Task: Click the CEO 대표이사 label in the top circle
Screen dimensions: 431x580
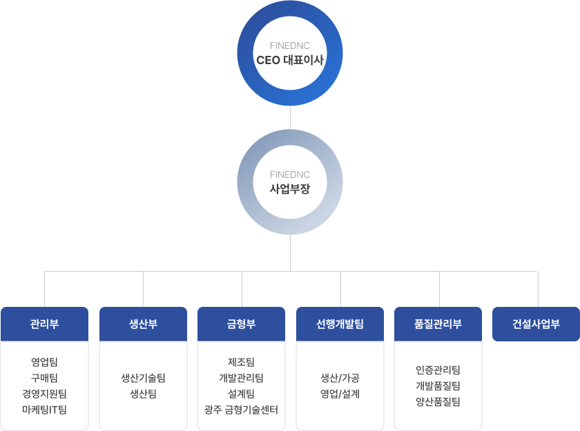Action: pyautogui.click(x=290, y=60)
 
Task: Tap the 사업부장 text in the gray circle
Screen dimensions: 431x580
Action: pyautogui.click(x=290, y=188)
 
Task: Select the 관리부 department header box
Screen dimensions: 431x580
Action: pyautogui.click(x=44, y=324)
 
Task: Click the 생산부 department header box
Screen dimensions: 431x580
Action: pyautogui.click(x=143, y=324)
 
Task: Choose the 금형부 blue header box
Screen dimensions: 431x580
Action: pyautogui.click(x=242, y=324)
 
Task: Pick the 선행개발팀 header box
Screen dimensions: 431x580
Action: pyautogui.click(x=340, y=324)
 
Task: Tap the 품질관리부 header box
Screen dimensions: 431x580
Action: pyautogui.click(x=438, y=324)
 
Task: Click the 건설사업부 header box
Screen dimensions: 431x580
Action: pyautogui.click(x=536, y=324)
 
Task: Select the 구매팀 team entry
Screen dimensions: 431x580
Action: pyautogui.click(x=44, y=377)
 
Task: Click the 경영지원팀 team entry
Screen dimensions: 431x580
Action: pyautogui.click(x=44, y=394)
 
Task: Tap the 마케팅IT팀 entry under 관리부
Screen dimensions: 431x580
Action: pyautogui.click(x=44, y=410)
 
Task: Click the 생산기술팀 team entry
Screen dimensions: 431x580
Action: pyautogui.click(x=143, y=378)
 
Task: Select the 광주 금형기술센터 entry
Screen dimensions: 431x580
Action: pyautogui.click(x=242, y=410)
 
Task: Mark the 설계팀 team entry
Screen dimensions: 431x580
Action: pyautogui.click(x=242, y=394)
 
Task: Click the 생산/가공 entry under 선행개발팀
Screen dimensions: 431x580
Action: pyautogui.click(x=340, y=378)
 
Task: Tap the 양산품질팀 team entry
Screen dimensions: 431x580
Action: pyautogui.click(x=438, y=402)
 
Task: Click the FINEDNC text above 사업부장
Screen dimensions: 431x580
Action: pyautogui.click(x=290, y=174)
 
